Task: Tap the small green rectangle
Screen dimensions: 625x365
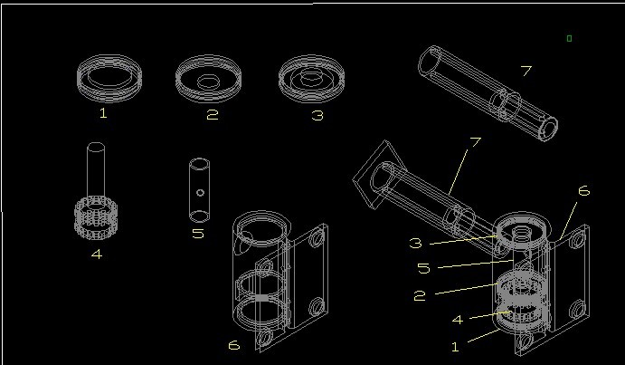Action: (x=569, y=38)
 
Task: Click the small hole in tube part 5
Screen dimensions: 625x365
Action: (x=200, y=193)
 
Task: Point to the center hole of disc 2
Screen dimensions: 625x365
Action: (x=208, y=82)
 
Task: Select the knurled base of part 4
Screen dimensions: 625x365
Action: (x=96, y=218)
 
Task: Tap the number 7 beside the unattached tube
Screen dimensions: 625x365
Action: (x=526, y=71)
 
